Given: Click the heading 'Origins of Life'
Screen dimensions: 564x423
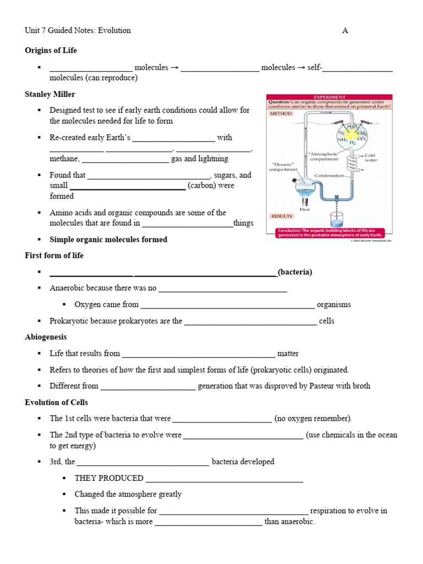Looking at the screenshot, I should click(51, 51).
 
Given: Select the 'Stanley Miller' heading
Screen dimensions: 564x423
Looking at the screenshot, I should click(50, 94).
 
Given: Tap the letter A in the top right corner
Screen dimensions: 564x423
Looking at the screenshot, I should click(345, 31).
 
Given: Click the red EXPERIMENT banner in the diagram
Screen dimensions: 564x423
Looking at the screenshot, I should click(329, 97).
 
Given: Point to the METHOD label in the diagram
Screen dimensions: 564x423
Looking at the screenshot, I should click(280, 113).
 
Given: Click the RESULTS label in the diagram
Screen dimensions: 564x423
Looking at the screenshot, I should click(281, 216).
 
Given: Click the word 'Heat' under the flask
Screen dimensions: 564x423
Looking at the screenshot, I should click(305, 209).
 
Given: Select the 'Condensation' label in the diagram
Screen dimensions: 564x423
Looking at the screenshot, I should click(329, 176).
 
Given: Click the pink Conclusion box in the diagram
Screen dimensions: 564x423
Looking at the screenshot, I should click(329, 232).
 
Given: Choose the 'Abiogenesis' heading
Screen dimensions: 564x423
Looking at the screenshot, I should click(46, 337).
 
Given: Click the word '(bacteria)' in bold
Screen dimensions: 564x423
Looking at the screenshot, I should click(295, 272).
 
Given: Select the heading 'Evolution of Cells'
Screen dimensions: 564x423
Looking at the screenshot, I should click(56, 402).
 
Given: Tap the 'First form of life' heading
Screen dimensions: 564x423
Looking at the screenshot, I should click(54, 256).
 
